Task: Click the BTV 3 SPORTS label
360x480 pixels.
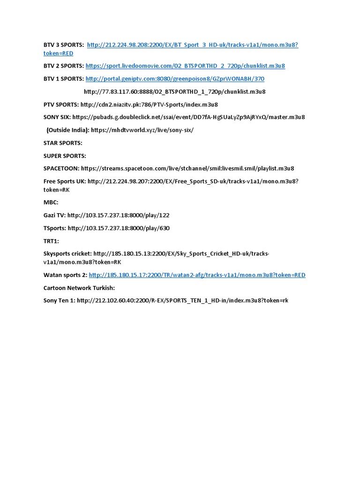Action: (x=64, y=45)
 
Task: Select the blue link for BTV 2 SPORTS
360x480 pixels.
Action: (x=185, y=66)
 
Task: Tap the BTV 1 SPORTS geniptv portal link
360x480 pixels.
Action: (x=175, y=79)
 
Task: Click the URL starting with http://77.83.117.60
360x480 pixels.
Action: (x=174, y=91)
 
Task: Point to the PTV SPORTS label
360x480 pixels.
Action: (x=61, y=105)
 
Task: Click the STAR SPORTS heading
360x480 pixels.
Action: (x=63, y=142)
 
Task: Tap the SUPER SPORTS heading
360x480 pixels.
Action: (x=65, y=156)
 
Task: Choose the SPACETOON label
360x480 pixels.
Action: (x=61, y=168)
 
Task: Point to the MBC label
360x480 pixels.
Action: (x=51, y=202)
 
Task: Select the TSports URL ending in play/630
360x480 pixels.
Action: (x=119, y=228)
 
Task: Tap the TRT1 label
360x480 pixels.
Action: (x=51, y=241)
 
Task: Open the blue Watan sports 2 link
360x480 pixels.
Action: (x=197, y=275)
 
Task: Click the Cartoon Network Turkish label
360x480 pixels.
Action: (x=79, y=288)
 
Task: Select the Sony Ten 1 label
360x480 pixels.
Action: (x=59, y=300)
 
